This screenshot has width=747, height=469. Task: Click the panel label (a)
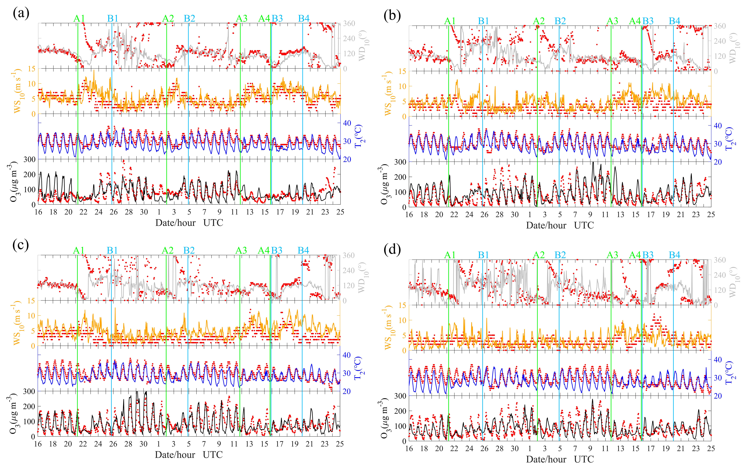(21, 14)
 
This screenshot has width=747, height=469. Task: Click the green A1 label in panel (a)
(79, 19)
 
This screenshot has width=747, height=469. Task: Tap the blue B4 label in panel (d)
(674, 255)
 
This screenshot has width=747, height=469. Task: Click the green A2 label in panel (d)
(539, 255)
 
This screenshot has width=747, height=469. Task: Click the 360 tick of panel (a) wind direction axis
(349, 24)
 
